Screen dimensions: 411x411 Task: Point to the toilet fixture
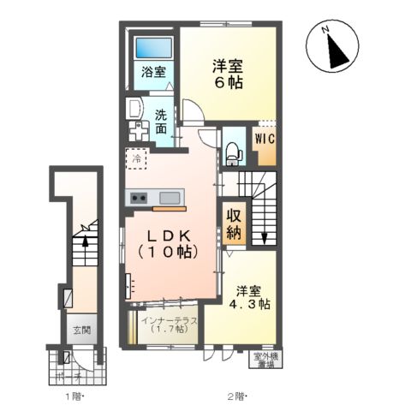[x=233, y=152]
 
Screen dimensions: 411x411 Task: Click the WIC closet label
[x=263, y=137]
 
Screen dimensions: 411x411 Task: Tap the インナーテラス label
[x=171, y=325]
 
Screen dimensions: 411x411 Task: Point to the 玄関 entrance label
[x=81, y=330]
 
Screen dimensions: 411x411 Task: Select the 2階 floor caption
[x=237, y=396]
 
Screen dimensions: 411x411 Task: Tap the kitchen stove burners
[x=140, y=199]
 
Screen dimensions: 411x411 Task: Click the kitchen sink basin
[x=169, y=199]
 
